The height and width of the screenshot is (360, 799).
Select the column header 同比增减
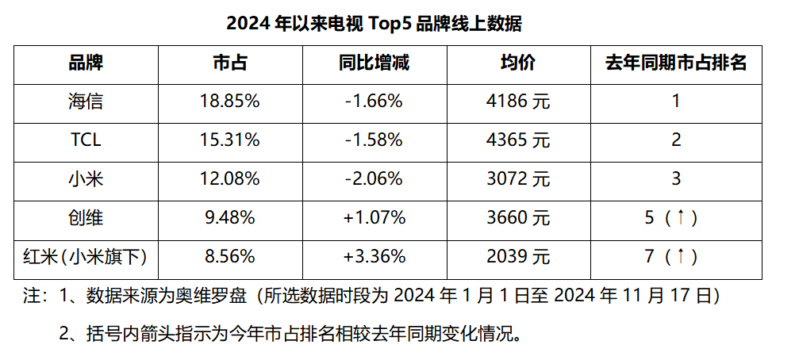coord(373,63)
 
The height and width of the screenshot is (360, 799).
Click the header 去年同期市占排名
coord(676,63)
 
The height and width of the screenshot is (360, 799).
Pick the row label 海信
coord(86,101)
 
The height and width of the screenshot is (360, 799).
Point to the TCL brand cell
coord(86,140)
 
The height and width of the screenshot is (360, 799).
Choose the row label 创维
coord(86,217)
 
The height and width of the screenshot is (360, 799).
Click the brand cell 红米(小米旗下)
coord(86,256)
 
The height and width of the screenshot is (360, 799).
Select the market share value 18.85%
coord(229,101)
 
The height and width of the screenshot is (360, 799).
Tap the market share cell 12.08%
coord(229,179)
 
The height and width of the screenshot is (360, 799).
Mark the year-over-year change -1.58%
coord(373,140)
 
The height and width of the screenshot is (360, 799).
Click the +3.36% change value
coord(373,256)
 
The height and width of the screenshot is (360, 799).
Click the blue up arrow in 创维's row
coord(682,217)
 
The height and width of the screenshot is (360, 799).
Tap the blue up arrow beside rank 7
coord(682,256)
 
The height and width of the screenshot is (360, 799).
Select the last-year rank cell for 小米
coord(676,179)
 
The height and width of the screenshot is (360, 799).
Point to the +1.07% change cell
coord(373,217)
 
